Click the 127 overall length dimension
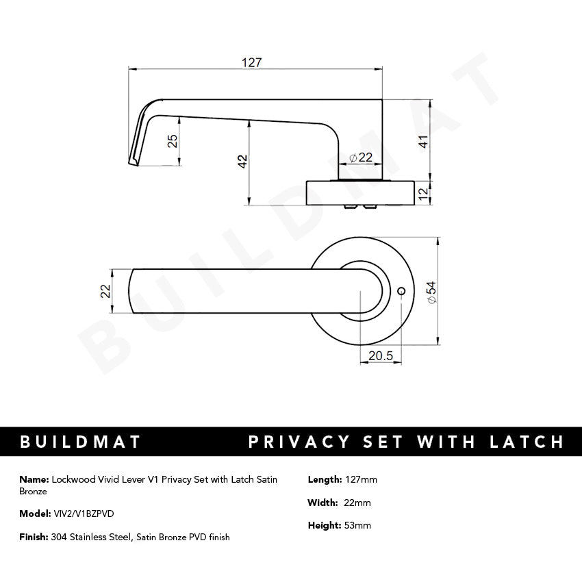tap(252, 62)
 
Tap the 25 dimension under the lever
tap(173, 141)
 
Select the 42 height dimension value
tap(242, 162)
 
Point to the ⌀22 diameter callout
tap(361, 157)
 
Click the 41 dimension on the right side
tap(424, 142)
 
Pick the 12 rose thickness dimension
tap(424, 193)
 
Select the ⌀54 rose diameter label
tap(431, 292)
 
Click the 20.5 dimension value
tap(380, 356)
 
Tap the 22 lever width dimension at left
tap(105, 291)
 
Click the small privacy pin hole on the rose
tap(401, 292)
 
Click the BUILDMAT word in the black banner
tap(81, 442)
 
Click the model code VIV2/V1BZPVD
tap(84, 514)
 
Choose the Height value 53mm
tap(357, 526)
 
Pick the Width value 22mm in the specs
tap(357, 503)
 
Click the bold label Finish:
tap(34, 537)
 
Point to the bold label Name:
tap(34, 479)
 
